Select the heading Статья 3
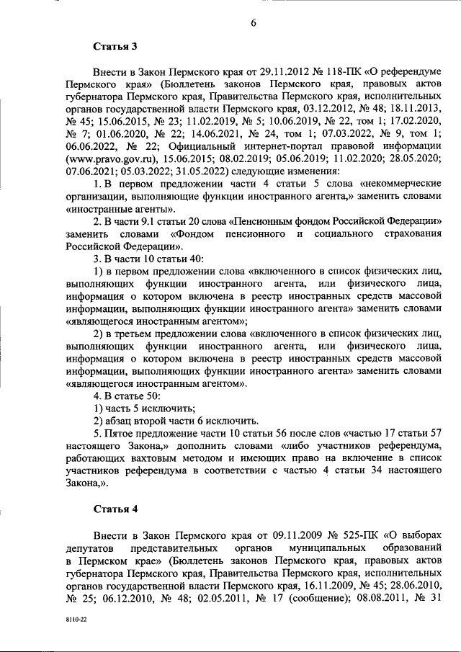click(115, 48)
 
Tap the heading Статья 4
click(115, 509)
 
